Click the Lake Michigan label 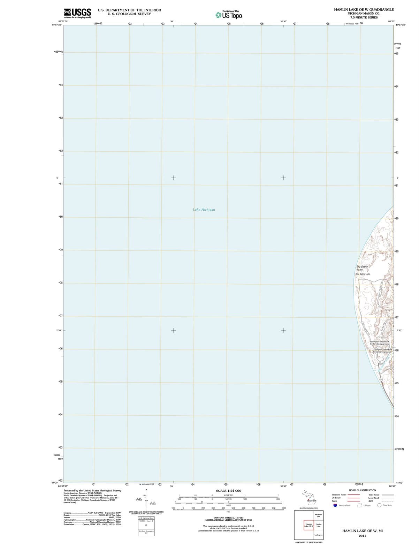[204, 210]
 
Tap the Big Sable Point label [361, 268]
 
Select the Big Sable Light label [363, 274]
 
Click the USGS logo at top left [78, 13]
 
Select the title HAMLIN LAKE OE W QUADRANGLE [364, 10]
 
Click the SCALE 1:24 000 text [229, 491]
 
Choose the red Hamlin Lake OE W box [308, 525]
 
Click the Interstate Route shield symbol [335, 505]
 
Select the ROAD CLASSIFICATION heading [363, 490]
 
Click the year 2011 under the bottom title [362, 536]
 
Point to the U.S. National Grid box [146, 518]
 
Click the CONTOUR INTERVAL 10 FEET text [228, 518]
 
